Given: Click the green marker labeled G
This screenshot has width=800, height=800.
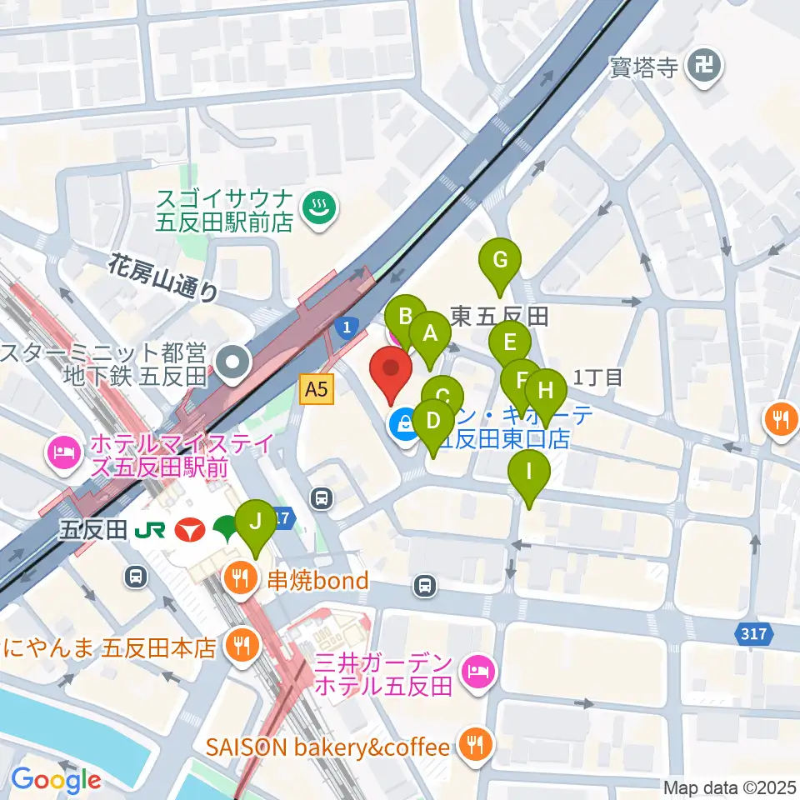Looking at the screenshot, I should coord(500,261).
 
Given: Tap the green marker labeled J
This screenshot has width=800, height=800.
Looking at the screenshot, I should coord(256,522).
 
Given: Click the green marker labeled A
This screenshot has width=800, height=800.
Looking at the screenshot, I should coord(430,334).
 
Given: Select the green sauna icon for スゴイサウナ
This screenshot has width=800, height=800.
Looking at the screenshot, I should coord(318,207).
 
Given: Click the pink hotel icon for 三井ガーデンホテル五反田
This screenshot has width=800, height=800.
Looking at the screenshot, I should coord(477,669).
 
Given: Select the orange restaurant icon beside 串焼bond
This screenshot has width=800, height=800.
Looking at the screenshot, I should coord(240,579).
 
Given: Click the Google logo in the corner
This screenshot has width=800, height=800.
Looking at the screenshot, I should coord(56,780).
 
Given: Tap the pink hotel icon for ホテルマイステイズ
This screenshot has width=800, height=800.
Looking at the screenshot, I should coord(63,452).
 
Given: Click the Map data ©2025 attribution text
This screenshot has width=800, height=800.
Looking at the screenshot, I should coord(730,787).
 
